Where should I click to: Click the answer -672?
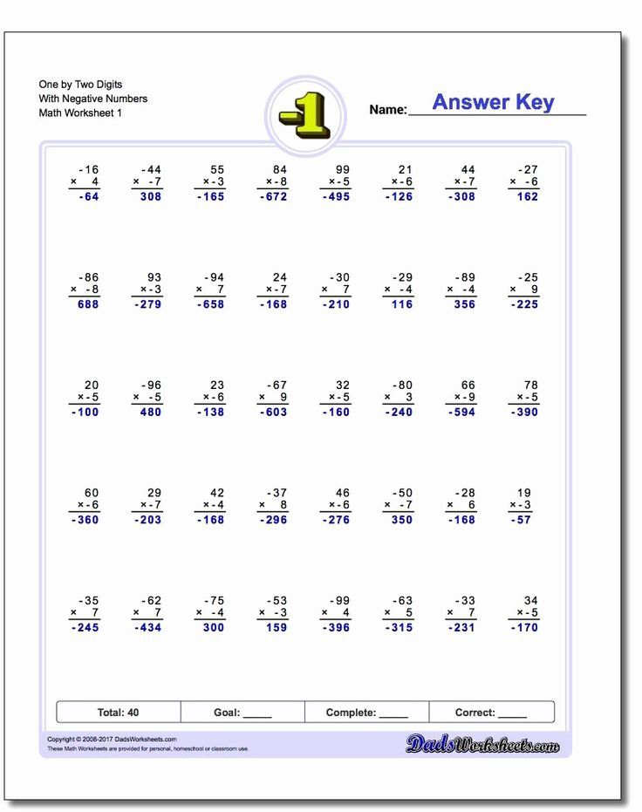tap(272, 197)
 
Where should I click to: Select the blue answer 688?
tap(87, 304)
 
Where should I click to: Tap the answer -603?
tap(272, 413)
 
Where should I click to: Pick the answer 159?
tap(276, 628)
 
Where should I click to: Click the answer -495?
tap(335, 197)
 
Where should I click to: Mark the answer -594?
tap(461, 413)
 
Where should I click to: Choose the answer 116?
tap(401, 304)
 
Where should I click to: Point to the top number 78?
tap(529, 385)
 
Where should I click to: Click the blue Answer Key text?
tap(493, 102)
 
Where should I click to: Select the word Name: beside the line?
tap(388, 110)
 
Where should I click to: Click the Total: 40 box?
tap(119, 713)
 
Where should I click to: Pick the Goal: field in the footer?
tap(242, 713)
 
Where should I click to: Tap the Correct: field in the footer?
tap(490, 713)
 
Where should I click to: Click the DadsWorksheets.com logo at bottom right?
tap(482, 744)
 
